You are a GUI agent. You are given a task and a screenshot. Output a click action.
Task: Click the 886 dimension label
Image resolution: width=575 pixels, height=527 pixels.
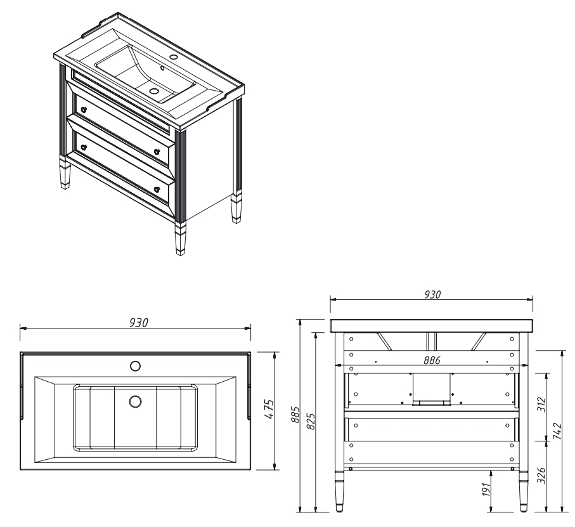[432, 360]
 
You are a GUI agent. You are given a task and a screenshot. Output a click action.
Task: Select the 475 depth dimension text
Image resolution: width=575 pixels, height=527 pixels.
[269, 409]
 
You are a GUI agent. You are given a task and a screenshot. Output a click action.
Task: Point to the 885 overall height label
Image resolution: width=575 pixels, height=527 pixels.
[295, 414]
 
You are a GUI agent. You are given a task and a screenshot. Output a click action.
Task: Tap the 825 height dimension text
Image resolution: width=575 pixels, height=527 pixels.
[310, 422]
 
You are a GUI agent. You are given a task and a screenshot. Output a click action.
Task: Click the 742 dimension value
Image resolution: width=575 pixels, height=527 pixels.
[557, 431]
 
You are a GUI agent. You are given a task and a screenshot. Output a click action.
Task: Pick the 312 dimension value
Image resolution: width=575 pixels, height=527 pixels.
[541, 405]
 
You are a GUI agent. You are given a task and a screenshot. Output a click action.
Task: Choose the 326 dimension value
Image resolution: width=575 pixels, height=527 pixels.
[541, 475]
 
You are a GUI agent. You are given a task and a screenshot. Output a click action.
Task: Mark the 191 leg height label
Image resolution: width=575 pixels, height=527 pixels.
[486, 490]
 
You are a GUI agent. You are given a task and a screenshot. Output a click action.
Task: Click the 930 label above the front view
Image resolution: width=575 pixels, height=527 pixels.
[432, 294]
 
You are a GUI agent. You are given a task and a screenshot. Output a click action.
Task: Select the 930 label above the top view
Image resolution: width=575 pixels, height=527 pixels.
[139, 323]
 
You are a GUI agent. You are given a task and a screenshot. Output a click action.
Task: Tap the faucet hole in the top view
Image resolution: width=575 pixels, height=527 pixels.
[135, 366]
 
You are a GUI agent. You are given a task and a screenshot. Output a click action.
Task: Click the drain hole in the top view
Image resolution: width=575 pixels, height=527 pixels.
[135, 401]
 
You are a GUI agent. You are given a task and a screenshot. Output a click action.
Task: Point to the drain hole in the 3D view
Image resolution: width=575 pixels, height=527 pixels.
[155, 90]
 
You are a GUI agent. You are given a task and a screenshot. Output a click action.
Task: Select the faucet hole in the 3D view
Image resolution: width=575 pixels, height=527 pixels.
[173, 57]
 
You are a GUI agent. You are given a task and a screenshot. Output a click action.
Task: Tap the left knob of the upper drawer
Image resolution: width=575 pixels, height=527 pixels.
[84, 109]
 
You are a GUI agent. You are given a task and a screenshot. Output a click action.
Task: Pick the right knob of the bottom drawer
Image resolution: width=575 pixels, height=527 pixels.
[157, 190]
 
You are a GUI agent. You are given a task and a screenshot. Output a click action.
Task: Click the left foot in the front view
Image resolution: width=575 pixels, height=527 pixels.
[340, 491]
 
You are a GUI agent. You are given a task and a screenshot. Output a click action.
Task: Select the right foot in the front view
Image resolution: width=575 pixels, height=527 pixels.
[523, 491]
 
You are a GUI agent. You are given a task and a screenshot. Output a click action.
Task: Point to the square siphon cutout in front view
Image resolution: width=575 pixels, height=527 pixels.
[432, 389]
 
